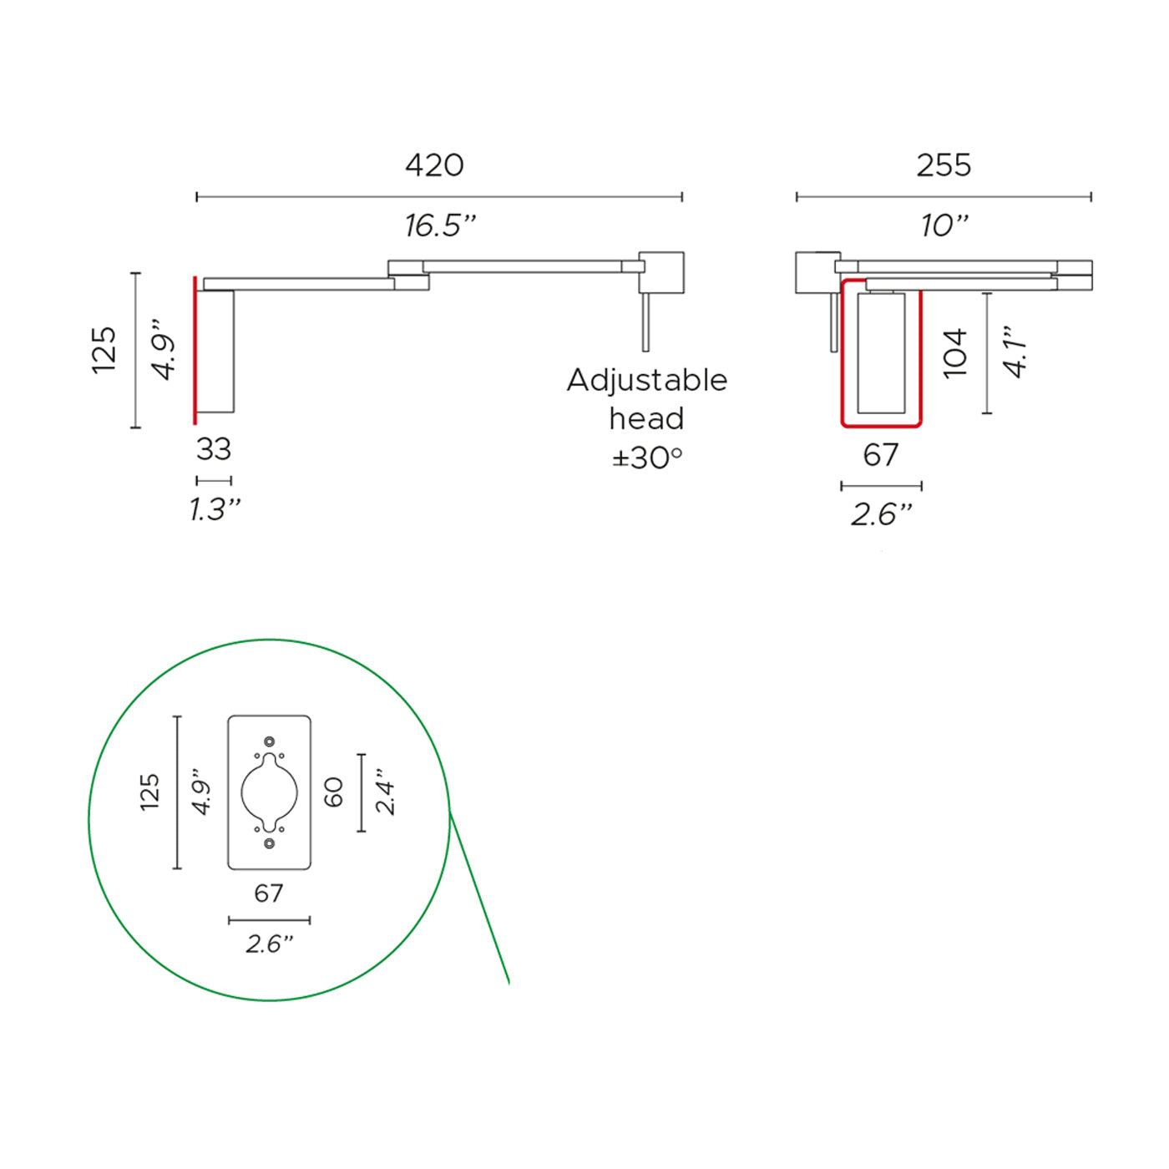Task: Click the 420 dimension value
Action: tap(434, 165)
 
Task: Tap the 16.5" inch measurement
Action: tap(440, 225)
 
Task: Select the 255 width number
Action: tap(944, 165)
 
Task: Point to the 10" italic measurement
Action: tap(944, 225)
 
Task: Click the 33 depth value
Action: tap(214, 449)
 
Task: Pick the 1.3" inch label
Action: tap(215, 509)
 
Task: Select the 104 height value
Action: tap(954, 353)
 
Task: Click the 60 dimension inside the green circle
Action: tap(333, 792)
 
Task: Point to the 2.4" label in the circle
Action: tap(385, 792)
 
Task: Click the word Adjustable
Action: tap(647, 380)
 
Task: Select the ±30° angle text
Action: tap(647, 458)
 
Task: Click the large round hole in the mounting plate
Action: tap(269, 792)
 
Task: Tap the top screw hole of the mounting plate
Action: tap(269, 741)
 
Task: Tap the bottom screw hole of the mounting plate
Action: tap(269, 843)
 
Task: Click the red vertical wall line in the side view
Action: tap(195, 351)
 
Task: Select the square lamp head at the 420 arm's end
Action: tap(661, 272)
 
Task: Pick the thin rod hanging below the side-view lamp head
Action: tap(645, 322)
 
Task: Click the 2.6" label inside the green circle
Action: tap(269, 944)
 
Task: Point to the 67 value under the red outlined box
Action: tap(881, 455)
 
